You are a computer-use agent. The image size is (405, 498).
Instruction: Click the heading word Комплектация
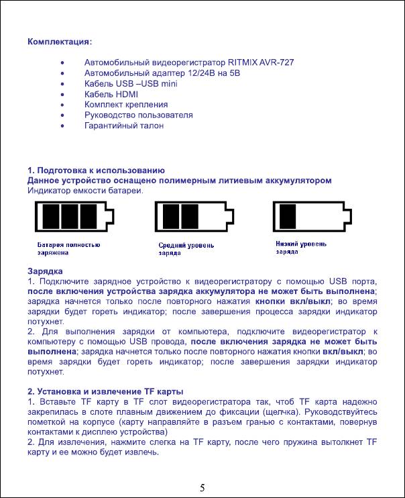[x=60, y=42]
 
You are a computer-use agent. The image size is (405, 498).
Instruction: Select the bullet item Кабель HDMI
[x=111, y=95]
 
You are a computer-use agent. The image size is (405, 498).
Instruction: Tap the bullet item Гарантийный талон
[x=124, y=126]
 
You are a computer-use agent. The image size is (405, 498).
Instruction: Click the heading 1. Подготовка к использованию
[x=96, y=170]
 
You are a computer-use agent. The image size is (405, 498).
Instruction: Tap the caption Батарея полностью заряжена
[x=68, y=250]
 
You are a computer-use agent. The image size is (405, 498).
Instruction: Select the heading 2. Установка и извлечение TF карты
[x=105, y=391]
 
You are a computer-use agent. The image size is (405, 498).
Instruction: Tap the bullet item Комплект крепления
[x=126, y=105]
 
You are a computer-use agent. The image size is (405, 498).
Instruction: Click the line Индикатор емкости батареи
[x=85, y=191]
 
